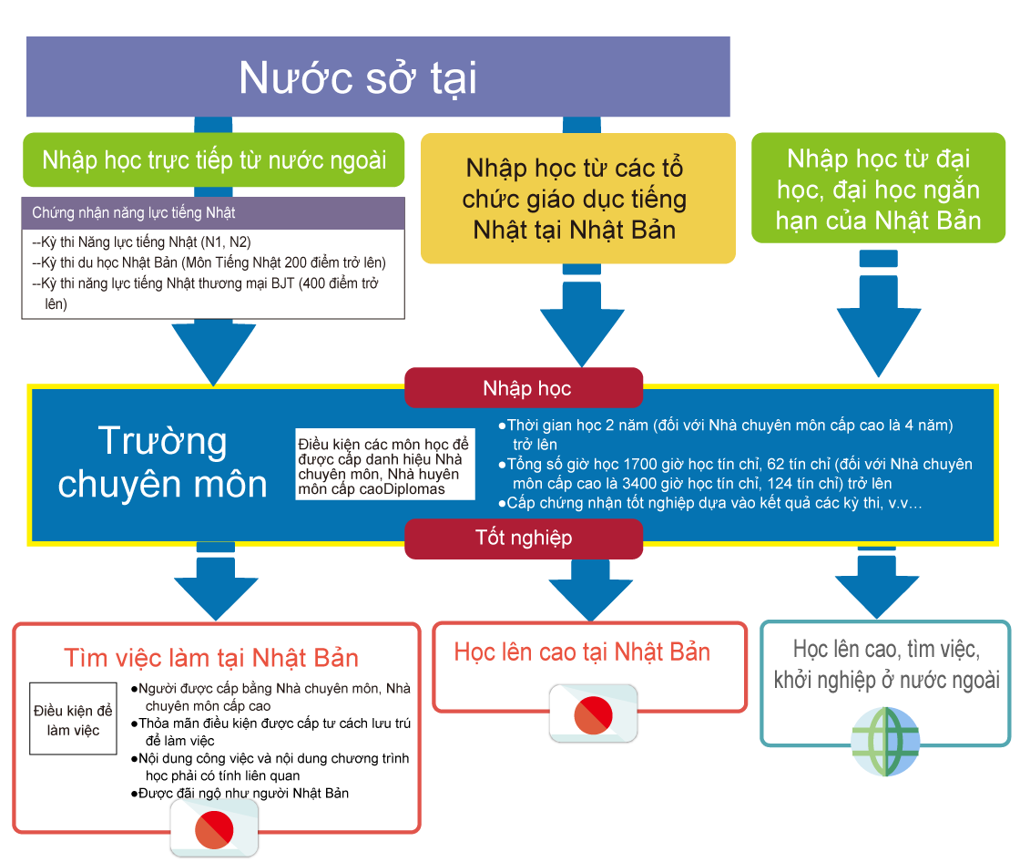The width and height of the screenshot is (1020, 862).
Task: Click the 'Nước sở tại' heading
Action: (358, 77)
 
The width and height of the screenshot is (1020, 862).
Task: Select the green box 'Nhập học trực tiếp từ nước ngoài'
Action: (214, 160)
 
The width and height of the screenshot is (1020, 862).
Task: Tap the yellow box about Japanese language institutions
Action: (575, 198)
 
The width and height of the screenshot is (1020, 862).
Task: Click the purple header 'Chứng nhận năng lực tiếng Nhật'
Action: (213, 212)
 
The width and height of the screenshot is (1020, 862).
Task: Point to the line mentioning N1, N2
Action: (141, 242)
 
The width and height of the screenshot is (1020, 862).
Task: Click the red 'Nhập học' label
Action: (525, 388)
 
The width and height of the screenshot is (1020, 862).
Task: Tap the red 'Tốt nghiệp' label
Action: (524, 538)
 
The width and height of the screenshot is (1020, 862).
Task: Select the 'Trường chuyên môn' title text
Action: (163, 462)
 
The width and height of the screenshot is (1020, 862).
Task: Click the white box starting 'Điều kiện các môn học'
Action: (385, 466)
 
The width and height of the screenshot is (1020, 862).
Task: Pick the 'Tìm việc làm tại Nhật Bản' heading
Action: (211, 658)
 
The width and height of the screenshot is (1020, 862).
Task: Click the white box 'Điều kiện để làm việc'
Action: (73, 719)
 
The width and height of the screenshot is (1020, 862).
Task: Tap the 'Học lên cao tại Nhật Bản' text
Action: (582, 652)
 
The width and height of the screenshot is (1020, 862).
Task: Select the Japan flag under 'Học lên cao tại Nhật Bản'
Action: (593, 713)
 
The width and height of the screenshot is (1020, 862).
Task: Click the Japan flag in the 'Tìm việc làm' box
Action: (215, 828)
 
